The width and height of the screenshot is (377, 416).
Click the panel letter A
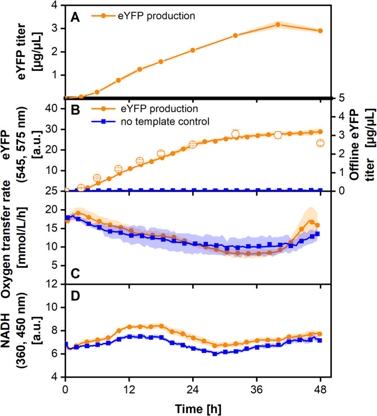[x=74, y=16]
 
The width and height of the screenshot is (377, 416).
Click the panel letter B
[x=74, y=108]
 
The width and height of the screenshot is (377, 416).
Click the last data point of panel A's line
[x=320, y=30]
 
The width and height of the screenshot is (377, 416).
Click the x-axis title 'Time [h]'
[x=193, y=407]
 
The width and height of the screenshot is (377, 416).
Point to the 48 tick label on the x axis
[x=320, y=390]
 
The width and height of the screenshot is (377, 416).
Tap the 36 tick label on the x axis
[x=256, y=390]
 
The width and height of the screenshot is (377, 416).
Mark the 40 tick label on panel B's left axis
[x=52, y=109]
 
